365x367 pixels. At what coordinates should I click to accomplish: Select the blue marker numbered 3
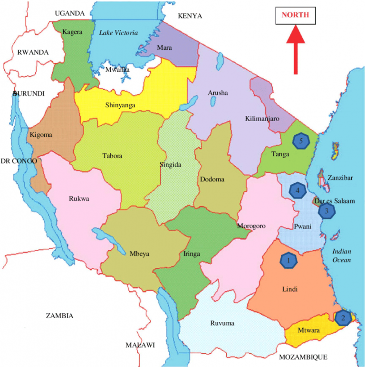[327, 211]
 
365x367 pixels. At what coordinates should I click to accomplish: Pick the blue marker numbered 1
[288, 260]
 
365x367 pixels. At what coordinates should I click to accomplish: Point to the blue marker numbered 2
[343, 317]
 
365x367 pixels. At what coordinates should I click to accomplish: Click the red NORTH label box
[295, 15]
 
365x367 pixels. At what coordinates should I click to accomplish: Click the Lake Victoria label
[118, 33]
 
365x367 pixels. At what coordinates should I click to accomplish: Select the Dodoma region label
[212, 179]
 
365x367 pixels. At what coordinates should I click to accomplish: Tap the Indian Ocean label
[341, 255]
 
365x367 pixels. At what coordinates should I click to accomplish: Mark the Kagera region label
[73, 32]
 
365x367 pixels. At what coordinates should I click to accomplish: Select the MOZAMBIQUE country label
[303, 357]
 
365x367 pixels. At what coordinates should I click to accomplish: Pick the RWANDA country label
[33, 52]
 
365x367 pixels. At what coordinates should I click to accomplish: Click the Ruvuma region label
[222, 324]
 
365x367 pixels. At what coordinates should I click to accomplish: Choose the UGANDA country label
[69, 13]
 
